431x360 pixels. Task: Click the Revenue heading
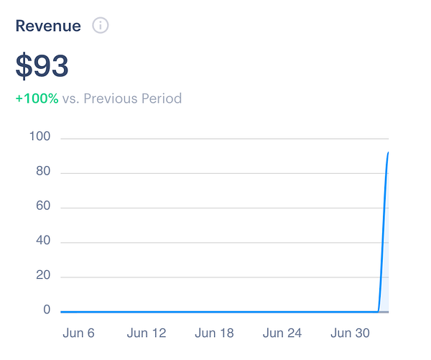(x=49, y=26)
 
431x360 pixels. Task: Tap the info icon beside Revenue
(x=101, y=26)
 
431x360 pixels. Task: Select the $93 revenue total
(x=42, y=66)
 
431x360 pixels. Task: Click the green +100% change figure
(x=37, y=98)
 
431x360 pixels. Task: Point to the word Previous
(x=110, y=98)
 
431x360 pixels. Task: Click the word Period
(x=161, y=98)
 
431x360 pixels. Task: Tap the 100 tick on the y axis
(x=40, y=137)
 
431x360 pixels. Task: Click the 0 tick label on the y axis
(x=46, y=310)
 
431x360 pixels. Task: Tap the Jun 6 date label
(x=79, y=333)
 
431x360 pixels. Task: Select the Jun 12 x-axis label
(x=147, y=333)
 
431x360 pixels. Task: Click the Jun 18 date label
(x=214, y=333)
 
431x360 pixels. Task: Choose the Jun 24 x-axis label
(x=282, y=333)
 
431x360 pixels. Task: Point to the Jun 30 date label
(x=350, y=333)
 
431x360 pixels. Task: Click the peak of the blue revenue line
(x=388, y=153)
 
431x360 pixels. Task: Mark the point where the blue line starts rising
(x=378, y=311)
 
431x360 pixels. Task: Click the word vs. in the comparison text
(x=70, y=98)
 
